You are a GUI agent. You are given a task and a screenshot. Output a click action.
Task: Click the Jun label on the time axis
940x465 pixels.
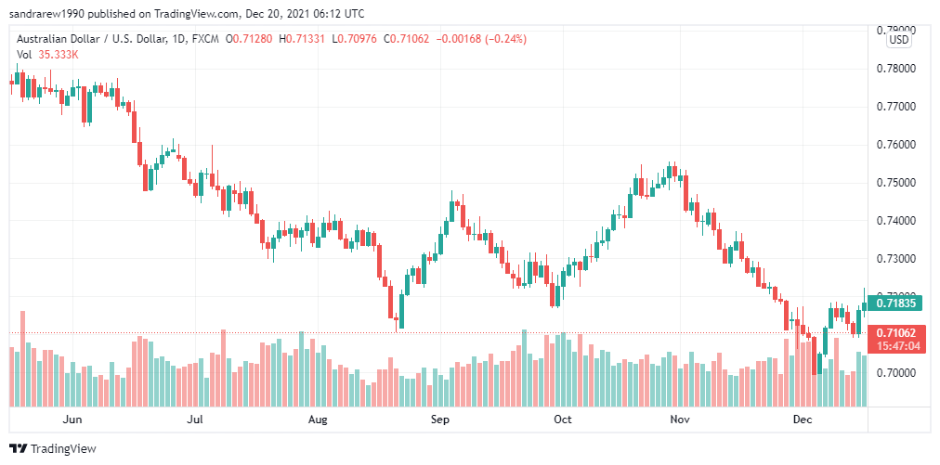[x=72, y=420]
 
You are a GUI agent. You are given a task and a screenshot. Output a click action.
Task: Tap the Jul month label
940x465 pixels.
[x=195, y=420]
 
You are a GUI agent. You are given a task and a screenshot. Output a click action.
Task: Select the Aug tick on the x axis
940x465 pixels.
[x=318, y=420]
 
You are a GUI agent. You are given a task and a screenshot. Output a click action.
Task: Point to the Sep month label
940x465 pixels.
[x=440, y=420]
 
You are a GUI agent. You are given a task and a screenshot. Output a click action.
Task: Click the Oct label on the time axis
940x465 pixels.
[x=562, y=420]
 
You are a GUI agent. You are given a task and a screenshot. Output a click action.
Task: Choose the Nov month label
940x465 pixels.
[x=681, y=420]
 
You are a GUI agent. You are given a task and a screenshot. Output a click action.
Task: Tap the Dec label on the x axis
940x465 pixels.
[x=803, y=420]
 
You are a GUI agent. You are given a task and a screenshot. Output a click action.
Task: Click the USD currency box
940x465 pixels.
[x=898, y=40]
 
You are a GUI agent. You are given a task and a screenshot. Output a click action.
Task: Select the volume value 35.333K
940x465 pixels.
[x=59, y=55]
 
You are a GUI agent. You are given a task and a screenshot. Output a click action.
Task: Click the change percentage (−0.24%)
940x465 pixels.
[x=504, y=39]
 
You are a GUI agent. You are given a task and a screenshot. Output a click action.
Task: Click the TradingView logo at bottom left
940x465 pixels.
[x=54, y=448]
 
